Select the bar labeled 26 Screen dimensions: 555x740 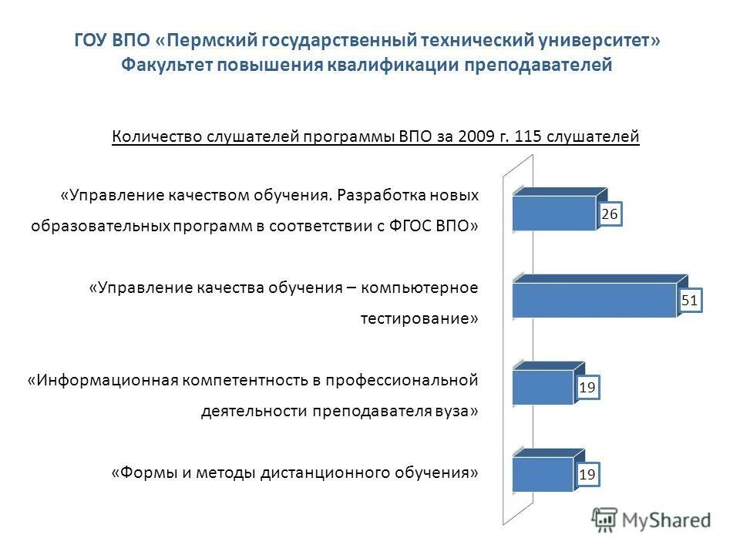pos(555,213)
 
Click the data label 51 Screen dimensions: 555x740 pos(690,301)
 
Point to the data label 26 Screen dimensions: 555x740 pos(610,215)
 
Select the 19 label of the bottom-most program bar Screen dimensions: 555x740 pos(587,476)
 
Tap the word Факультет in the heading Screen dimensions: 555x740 pos(166,65)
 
